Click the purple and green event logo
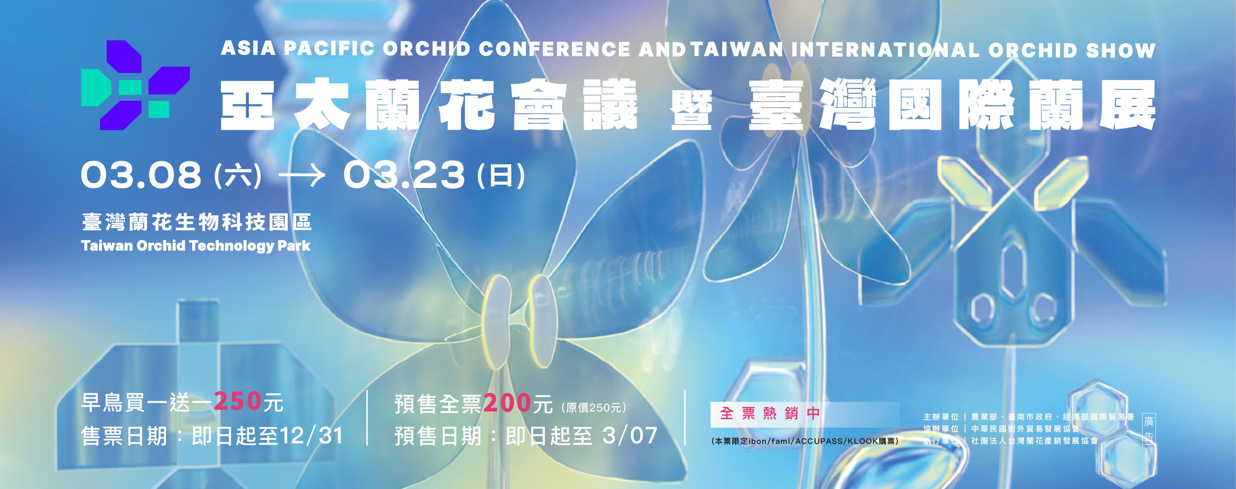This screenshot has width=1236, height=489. [135, 85]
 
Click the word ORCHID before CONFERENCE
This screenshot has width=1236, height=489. [426, 48]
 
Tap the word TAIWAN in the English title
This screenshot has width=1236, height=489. [737, 50]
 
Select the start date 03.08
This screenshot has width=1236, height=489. [141, 174]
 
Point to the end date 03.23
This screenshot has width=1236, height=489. [404, 175]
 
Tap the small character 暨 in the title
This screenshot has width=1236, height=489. [691, 111]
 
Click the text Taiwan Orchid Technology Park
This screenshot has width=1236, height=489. [196, 246]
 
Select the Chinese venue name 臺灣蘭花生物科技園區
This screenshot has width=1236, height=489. [197, 222]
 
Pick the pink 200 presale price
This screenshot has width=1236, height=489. [507, 403]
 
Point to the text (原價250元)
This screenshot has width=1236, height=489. [594, 407]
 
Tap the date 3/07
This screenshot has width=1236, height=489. [630, 436]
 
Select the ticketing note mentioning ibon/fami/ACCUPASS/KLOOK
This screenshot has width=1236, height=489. [805, 441]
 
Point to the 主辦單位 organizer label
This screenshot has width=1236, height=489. [941, 417]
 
